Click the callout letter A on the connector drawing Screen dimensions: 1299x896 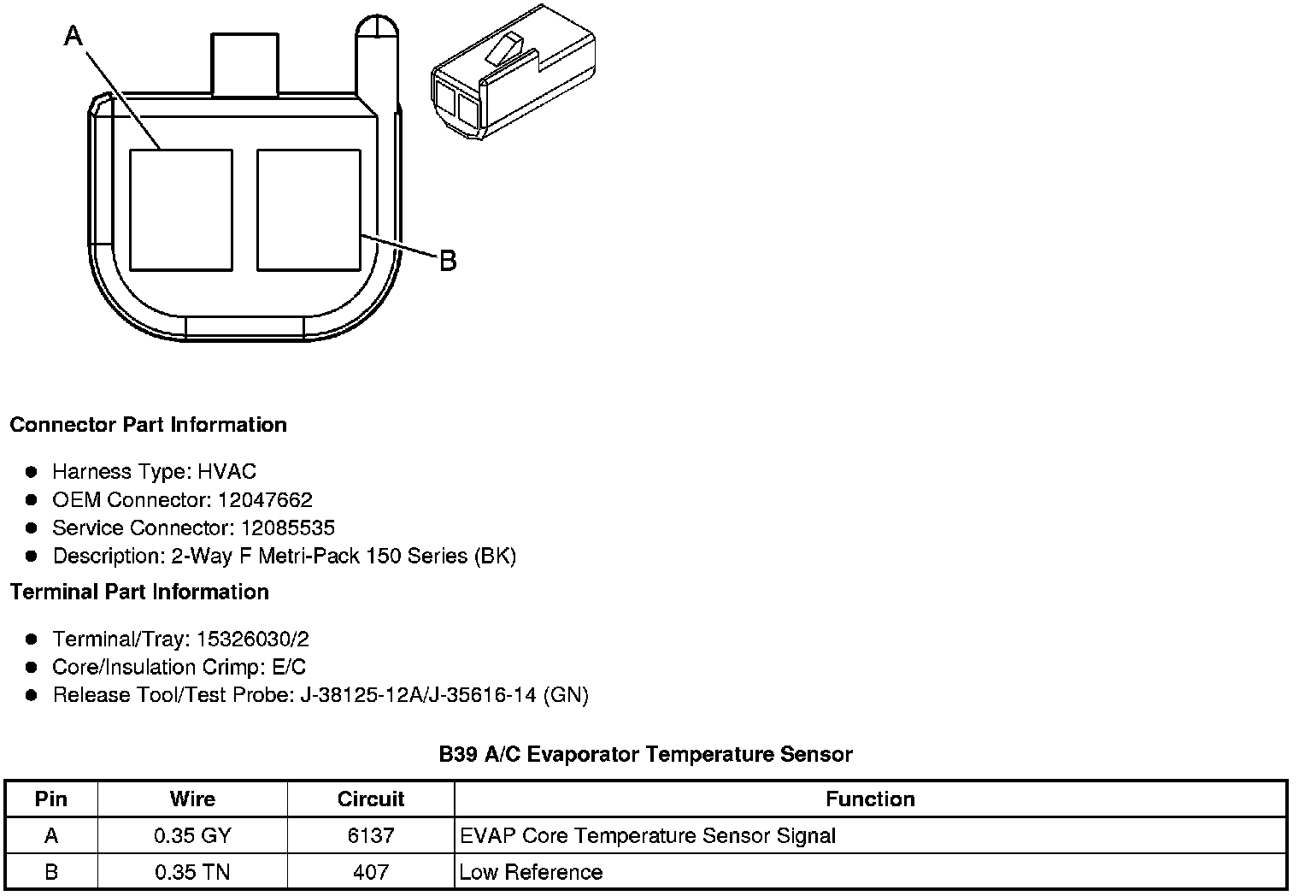[x=73, y=36]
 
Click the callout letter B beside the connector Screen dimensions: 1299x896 [x=449, y=261]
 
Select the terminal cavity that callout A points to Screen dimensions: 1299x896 [x=181, y=210]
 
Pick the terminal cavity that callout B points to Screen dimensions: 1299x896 [x=309, y=210]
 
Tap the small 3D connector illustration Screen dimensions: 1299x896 [x=514, y=72]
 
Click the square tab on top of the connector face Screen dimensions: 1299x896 [x=244, y=64]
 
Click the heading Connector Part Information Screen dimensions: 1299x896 [x=149, y=425]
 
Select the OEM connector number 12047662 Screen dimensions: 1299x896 [x=265, y=499]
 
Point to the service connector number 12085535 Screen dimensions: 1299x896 [x=288, y=528]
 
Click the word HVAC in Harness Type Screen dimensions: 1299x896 [x=226, y=471]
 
